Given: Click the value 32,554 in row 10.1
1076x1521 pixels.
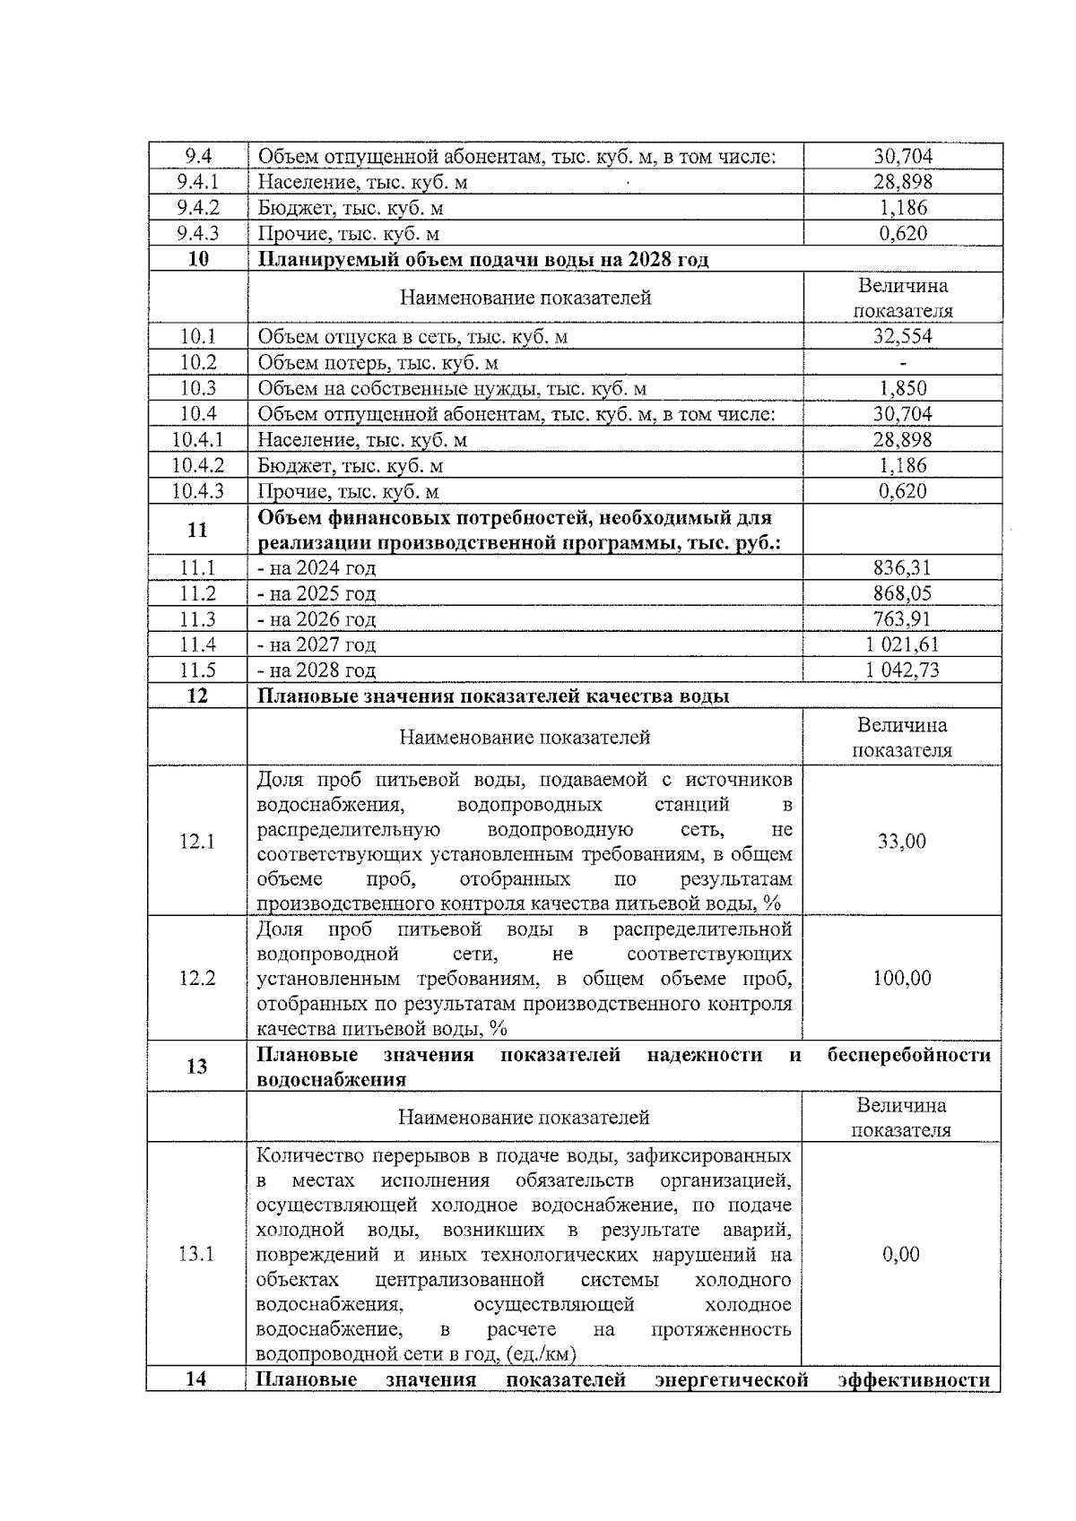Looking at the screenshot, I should tap(902, 337).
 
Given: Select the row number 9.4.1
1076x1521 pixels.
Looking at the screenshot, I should tap(198, 182).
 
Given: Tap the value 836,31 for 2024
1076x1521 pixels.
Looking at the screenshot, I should tap(902, 567).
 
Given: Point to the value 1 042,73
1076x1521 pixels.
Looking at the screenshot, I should tap(902, 670).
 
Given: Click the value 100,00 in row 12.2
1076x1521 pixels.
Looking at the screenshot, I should tap(902, 978).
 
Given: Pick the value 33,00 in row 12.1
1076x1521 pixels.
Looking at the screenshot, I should tap(902, 842).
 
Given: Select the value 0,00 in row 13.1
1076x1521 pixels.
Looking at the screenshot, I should tap(901, 1254).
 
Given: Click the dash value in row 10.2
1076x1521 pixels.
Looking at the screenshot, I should tap(902, 363).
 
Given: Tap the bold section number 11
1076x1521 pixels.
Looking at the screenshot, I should tap(197, 530).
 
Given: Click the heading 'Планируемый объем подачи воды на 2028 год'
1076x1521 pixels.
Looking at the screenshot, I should tap(483, 260).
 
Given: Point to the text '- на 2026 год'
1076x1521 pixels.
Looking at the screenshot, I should tap(317, 619).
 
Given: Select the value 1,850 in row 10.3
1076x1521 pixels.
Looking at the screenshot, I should tap(902, 388).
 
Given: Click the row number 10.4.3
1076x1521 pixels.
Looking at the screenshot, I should tap(197, 491).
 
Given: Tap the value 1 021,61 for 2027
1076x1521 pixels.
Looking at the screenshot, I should tap(902, 644).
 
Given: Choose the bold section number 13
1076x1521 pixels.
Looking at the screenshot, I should tap(197, 1067).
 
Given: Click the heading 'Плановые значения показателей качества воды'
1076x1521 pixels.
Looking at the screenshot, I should tap(493, 696).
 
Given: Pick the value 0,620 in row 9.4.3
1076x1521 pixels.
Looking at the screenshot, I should tap(902, 234).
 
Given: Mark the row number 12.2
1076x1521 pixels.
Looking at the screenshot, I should tap(197, 978).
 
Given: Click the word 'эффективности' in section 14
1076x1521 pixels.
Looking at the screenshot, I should tap(914, 1379).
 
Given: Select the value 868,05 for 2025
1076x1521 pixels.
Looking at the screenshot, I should tap(902, 593).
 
